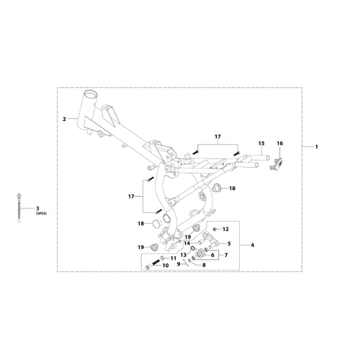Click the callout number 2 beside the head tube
click(x=64, y=119)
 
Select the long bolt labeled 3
click(x=19, y=208)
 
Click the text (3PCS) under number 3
click(x=41, y=213)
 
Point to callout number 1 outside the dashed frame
click(x=317, y=146)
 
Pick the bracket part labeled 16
click(x=276, y=164)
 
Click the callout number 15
click(x=261, y=143)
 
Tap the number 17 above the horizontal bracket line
click(x=217, y=137)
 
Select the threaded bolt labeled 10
click(x=153, y=264)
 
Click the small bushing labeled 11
click(x=163, y=258)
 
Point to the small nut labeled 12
click(x=215, y=229)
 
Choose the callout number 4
click(x=252, y=246)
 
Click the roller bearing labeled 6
click(x=199, y=253)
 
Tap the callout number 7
click(x=225, y=255)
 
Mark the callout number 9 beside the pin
click(x=179, y=264)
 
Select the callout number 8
click(x=204, y=265)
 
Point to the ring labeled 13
click(x=192, y=248)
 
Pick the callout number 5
click(x=229, y=244)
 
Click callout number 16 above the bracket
click(x=280, y=143)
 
